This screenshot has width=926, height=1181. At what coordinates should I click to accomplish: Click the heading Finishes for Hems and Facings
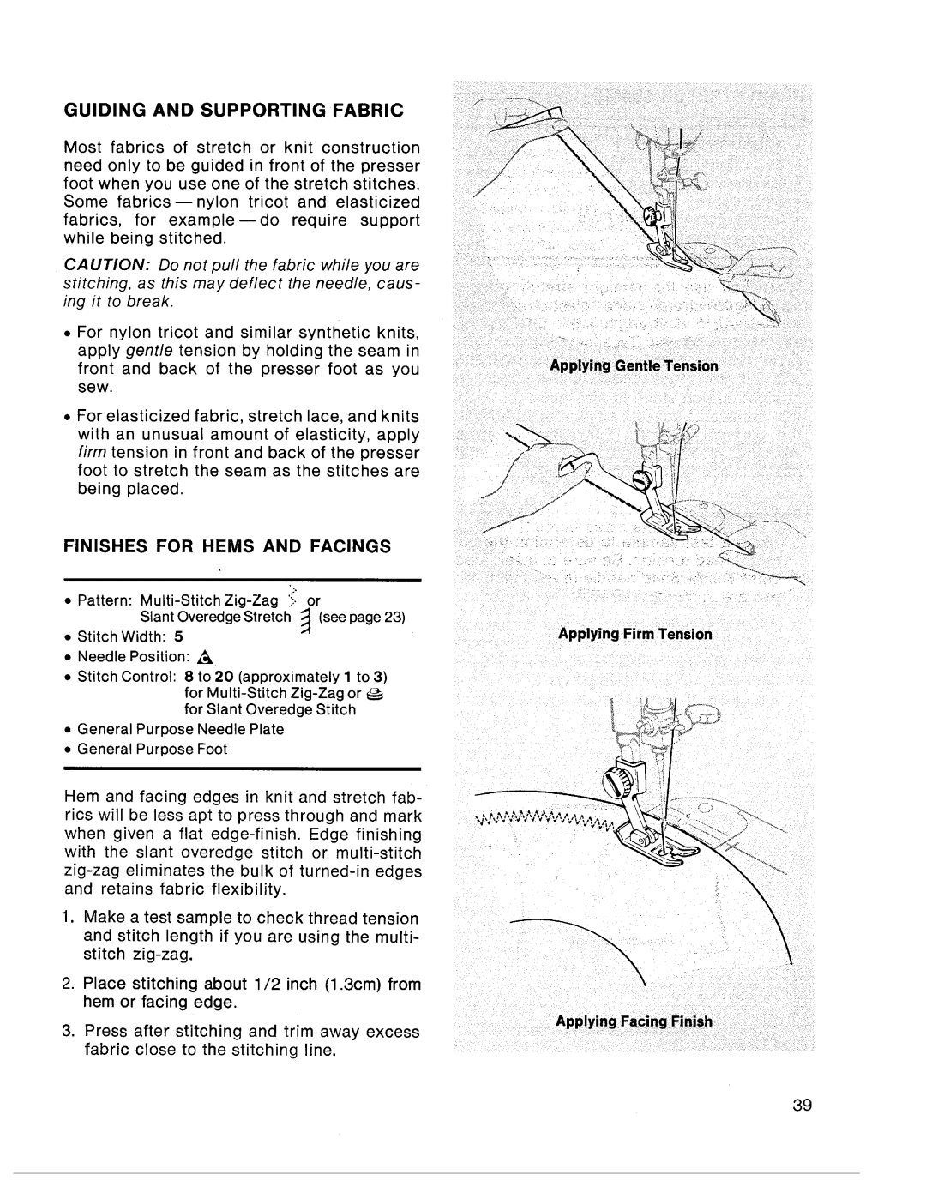pos(227,545)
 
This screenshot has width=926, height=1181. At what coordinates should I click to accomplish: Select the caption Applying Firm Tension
pos(635,634)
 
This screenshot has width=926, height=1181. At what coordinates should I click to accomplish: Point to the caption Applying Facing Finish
pos(634,1021)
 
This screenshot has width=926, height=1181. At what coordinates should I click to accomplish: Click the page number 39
pos(802,1105)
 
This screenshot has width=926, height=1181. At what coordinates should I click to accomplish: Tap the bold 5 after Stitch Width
pos(180,637)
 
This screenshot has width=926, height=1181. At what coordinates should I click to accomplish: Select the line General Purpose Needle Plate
pos(180,729)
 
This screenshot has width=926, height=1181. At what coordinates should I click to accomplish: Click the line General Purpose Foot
pos(152,749)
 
